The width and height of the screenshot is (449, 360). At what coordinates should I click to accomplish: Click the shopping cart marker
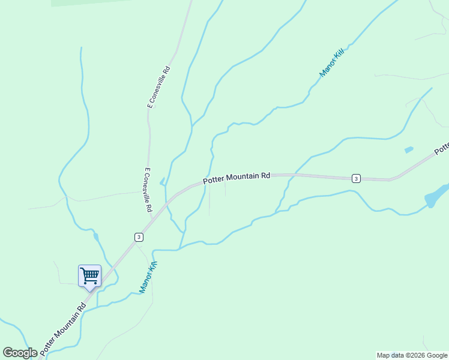click(89, 276)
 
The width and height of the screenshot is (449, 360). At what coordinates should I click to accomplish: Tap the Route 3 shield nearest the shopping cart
click(139, 236)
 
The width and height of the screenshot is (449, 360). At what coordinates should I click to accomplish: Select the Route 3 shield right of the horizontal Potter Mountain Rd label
click(356, 178)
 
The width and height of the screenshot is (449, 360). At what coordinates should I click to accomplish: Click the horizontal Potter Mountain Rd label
click(237, 178)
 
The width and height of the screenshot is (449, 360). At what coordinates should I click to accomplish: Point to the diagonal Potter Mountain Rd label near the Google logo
click(63, 327)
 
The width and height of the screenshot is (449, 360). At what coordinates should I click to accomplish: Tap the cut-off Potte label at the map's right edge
click(442, 148)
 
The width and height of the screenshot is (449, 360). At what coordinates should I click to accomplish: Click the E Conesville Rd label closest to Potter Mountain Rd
click(147, 190)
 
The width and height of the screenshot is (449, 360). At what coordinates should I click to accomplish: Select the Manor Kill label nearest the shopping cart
click(148, 277)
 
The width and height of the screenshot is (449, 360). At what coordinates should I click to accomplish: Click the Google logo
click(20, 353)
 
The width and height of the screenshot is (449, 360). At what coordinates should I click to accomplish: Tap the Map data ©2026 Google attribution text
click(412, 355)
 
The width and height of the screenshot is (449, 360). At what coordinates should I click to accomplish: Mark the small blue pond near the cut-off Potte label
click(409, 149)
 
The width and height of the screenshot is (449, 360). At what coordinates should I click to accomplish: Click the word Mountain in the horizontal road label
click(243, 177)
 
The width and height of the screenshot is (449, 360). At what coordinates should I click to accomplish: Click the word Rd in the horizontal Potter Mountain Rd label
click(265, 176)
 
